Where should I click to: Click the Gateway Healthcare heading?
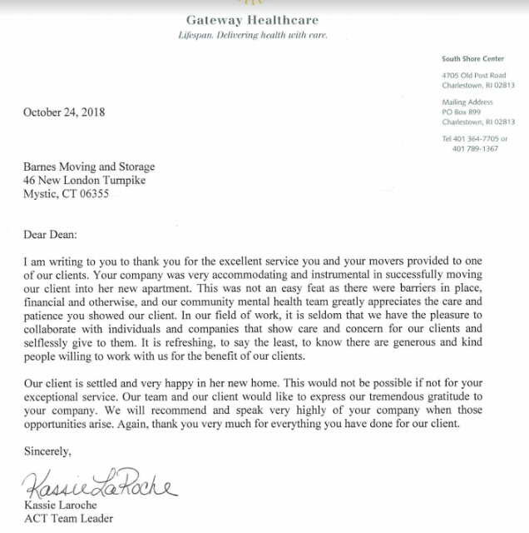click(252, 20)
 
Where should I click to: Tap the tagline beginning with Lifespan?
click(253, 36)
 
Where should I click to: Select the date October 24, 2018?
click(64, 112)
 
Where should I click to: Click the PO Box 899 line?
click(462, 112)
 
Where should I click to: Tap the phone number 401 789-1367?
click(475, 148)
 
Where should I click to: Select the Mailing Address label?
click(467, 102)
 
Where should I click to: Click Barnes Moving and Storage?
click(89, 167)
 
